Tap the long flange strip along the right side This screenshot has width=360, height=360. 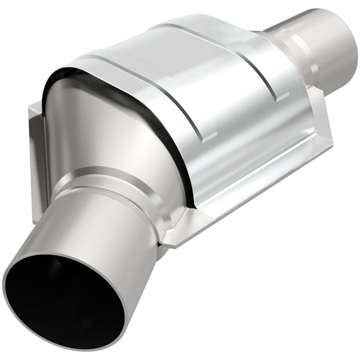(x=261, y=189)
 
